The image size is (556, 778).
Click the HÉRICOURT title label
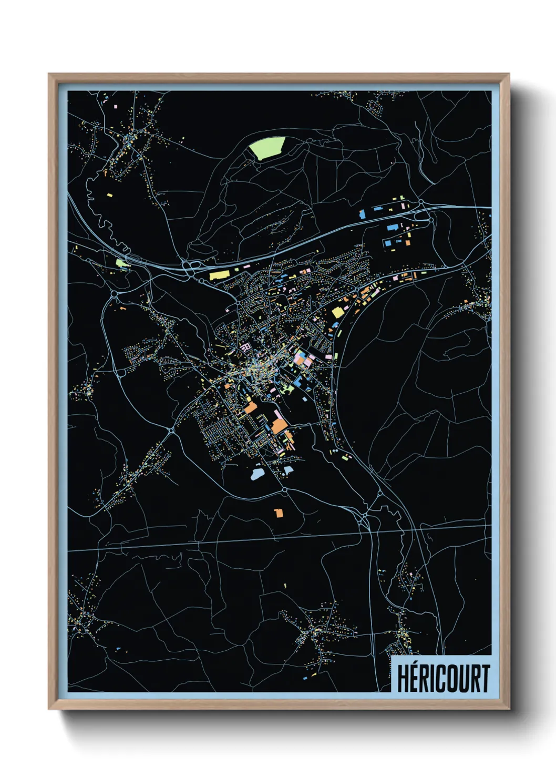(442, 678)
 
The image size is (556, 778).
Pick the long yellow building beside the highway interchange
(220, 275)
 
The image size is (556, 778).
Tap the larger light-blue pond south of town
(258, 474)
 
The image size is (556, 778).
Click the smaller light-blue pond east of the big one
(287, 469)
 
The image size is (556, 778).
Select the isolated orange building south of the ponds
(279, 513)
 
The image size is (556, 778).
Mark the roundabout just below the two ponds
(285, 489)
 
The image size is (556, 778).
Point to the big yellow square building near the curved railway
(337, 313)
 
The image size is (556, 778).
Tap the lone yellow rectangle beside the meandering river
(110, 195)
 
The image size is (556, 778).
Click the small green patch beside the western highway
(121, 262)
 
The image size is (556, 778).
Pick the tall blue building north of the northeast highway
(362, 214)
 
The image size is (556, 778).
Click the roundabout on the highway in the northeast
(421, 202)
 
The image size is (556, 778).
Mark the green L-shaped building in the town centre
(287, 389)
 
